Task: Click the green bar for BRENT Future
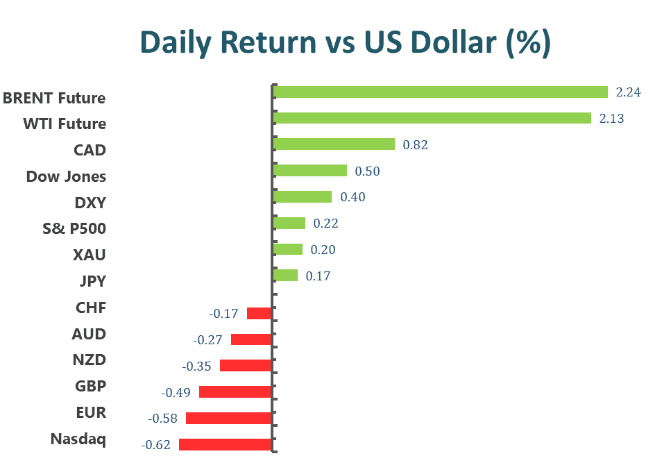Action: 440,92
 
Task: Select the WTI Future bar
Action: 432,119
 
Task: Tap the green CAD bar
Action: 334,144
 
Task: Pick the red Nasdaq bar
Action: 225,444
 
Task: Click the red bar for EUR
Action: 228,418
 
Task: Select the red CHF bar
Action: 259,313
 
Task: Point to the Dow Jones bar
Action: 310,171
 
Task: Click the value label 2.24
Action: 628,92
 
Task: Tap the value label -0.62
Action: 155,444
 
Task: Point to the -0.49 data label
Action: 176,392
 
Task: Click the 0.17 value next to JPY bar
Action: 318,276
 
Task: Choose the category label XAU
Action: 90,255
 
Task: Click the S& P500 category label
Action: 74,228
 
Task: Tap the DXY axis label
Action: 90,203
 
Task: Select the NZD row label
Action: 90,360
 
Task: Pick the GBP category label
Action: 90,386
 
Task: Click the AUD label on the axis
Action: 90,334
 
